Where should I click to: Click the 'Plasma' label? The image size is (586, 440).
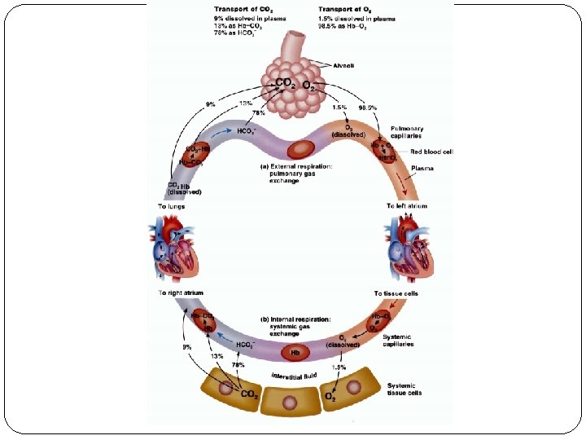422,169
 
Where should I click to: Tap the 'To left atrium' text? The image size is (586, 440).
407,206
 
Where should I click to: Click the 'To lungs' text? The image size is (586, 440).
171,206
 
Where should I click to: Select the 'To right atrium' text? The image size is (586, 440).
181,292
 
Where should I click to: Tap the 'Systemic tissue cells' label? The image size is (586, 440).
404,389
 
